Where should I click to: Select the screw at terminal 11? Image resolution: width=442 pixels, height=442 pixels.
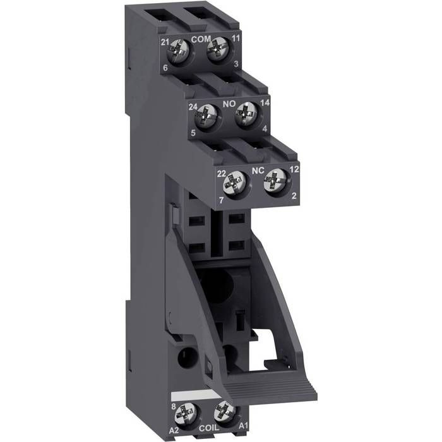217,49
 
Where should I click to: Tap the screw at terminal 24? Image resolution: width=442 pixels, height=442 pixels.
206,116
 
